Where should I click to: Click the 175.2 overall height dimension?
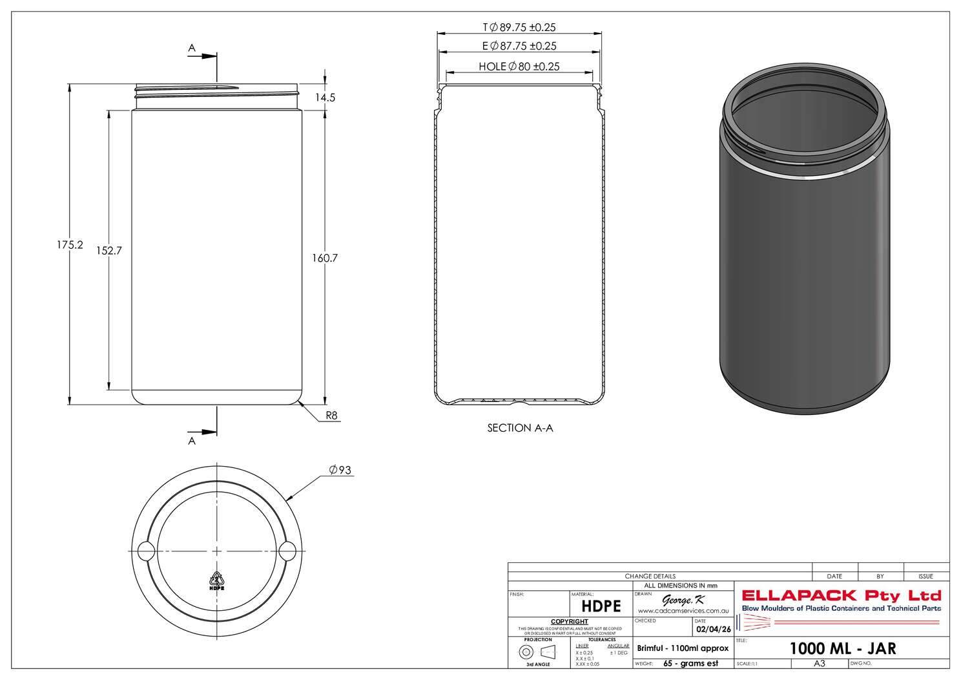(70, 246)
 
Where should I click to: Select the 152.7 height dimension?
(109, 251)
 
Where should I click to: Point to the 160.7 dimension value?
(325, 258)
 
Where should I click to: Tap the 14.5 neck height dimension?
(325, 98)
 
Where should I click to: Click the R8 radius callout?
(331, 416)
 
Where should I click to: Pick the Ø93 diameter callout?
(340, 470)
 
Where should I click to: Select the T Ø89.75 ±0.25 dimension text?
(519, 27)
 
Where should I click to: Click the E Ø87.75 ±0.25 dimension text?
(519, 46)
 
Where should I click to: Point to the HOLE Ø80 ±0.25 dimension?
(519, 66)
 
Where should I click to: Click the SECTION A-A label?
(520, 428)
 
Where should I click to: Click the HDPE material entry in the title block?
(601, 606)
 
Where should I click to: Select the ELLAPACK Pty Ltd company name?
(842, 595)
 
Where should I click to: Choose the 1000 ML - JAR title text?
(843, 648)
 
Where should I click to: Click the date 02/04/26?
(712, 629)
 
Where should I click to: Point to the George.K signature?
(679, 600)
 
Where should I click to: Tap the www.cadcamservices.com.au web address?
(683, 611)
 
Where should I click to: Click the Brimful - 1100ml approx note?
(683, 648)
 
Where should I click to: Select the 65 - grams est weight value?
(690, 664)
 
